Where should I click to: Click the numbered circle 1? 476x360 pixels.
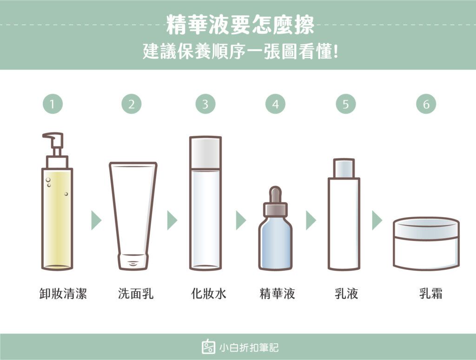tap(53, 104)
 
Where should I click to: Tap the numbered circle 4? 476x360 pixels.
tap(275, 104)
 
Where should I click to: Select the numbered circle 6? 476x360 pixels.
tap(426, 104)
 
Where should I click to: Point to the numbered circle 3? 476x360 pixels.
tap(205, 104)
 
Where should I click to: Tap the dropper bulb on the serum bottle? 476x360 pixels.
tap(276, 194)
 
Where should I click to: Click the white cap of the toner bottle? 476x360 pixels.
tap(205, 153)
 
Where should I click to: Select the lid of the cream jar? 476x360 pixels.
tap(426, 228)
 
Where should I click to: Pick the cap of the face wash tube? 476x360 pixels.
tap(133, 261)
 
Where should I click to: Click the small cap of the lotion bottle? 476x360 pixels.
tap(344, 168)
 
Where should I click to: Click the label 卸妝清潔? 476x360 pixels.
tap(63, 293)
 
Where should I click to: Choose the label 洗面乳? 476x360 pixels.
tap(136, 293)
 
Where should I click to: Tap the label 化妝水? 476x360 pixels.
tap(209, 293)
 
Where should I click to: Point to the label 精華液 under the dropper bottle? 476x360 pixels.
tap(277, 293)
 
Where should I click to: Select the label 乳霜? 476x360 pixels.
tap(431, 293)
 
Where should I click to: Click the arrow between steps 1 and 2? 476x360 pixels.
tap(96, 220)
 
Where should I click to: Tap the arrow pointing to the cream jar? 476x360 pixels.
tap(377, 220)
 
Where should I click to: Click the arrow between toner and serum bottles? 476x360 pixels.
tap(241, 220)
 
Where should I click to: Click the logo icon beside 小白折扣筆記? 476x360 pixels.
tap(209, 347)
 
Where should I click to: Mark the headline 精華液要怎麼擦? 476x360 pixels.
tap(240, 25)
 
